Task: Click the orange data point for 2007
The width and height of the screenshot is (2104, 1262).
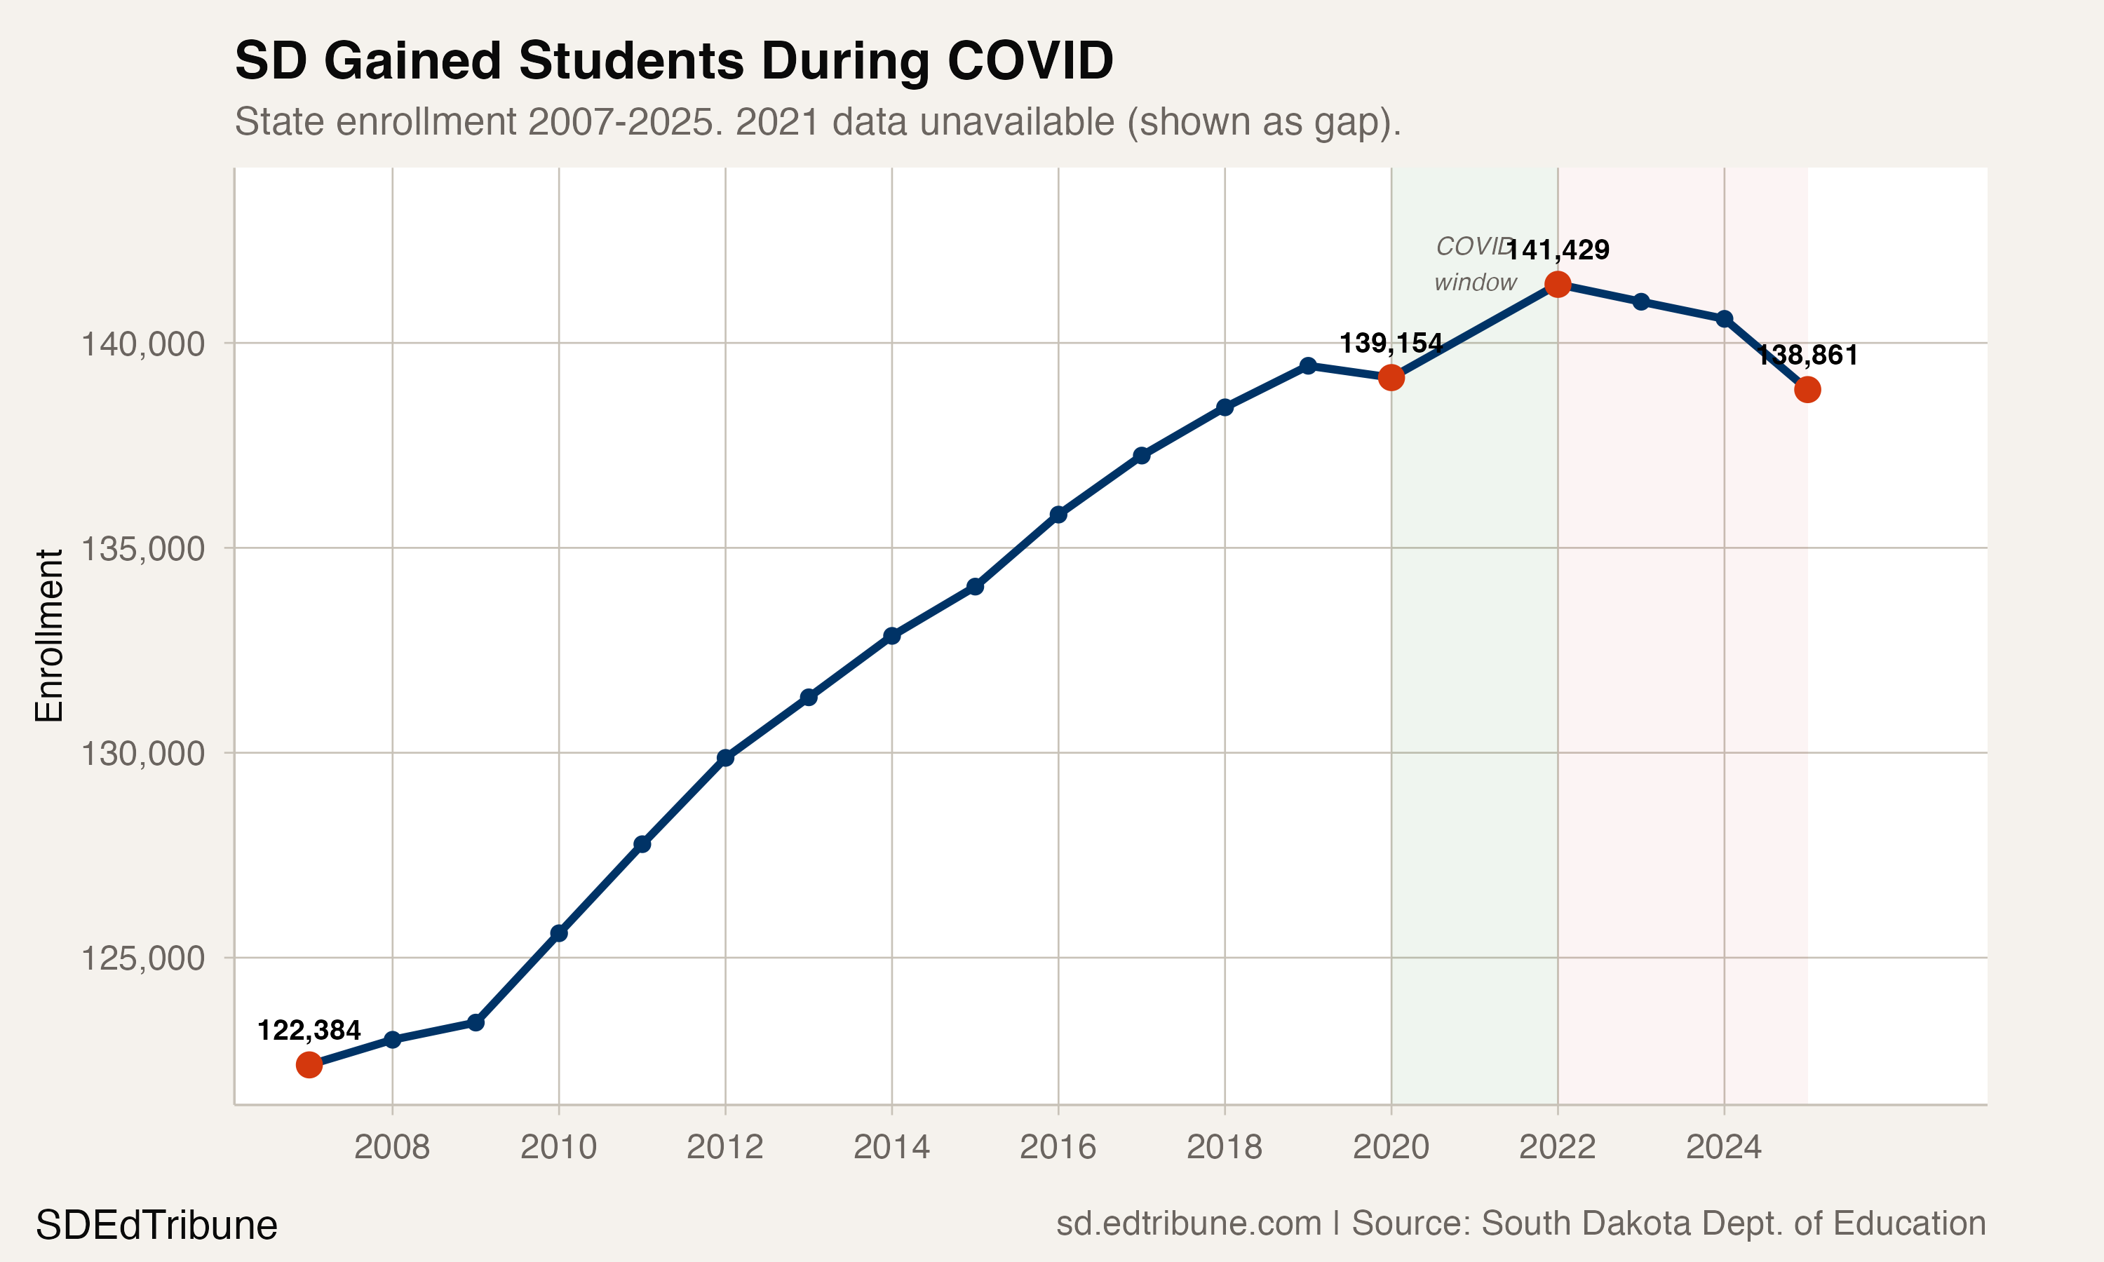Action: pos(309,1065)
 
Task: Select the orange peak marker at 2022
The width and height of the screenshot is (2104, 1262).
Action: pos(1557,284)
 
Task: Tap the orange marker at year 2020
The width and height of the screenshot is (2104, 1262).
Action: pos(1391,378)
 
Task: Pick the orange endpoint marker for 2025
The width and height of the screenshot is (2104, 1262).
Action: pos(1807,390)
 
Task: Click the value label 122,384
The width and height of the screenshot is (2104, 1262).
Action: pos(309,1031)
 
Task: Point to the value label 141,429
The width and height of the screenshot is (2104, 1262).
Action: pos(1558,250)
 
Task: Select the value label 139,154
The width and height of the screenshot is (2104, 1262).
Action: pos(1391,344)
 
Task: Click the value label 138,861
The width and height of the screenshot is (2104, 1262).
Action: pos(1807,355)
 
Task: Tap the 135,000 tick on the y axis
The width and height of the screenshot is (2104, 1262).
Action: pos(142,548)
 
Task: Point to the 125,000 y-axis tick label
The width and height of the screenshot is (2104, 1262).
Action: pos(142,958)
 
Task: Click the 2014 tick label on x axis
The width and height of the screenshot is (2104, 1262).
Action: pos(891,1148)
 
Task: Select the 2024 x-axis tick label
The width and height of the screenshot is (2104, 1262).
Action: pos(1724,1148)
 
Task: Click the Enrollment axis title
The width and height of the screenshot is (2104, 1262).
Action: pos(49,635)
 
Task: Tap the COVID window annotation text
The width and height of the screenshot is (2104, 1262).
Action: pos(1475,264)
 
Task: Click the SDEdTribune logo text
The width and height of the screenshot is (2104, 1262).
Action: pos(156,1226)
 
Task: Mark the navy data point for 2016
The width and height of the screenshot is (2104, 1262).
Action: pos(1058,515)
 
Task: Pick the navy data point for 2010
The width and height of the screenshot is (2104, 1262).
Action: pos(559,933)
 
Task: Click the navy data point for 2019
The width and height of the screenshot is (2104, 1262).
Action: pos(1308,366)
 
